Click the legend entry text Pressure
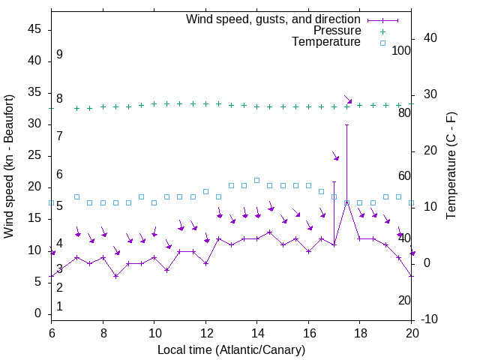(x=337, y=31)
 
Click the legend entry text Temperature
(x=326, y=43)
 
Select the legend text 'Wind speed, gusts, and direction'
(x=274, y=19)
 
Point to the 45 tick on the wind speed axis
(x=34, y=30)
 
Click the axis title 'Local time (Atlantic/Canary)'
(x=231, y=349)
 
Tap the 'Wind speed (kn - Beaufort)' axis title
(x=10, y=166)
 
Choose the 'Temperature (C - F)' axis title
(x=451, y=166)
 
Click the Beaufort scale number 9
(x=59, y=55)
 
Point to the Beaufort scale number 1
(x=59, y=306)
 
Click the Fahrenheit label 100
(x=402, y=50)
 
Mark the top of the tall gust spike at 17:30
(x=346, y=124)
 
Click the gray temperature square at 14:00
(x=256, y=180)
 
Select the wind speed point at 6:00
(x=52, y=276)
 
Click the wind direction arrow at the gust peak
(x=347, y=99)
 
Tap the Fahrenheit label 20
(x=404, y=300)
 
